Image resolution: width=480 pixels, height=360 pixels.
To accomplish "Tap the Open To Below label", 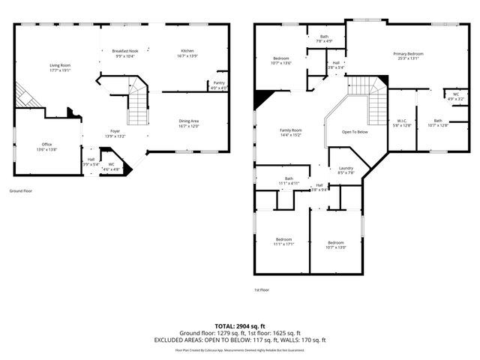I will pyautogui.click(x=355, y=132).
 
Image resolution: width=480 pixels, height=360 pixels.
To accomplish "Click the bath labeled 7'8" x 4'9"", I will pyautogui.click(x=324, y=39).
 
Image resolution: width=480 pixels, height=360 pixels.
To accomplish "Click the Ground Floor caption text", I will pyautogui.click(x=20, y=190).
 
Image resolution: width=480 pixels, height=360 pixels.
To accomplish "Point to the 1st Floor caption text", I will pyautogui.click(x=261, y=289).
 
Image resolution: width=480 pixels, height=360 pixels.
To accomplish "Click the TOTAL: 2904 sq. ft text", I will pyautogui.click(x=239, y=326).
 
